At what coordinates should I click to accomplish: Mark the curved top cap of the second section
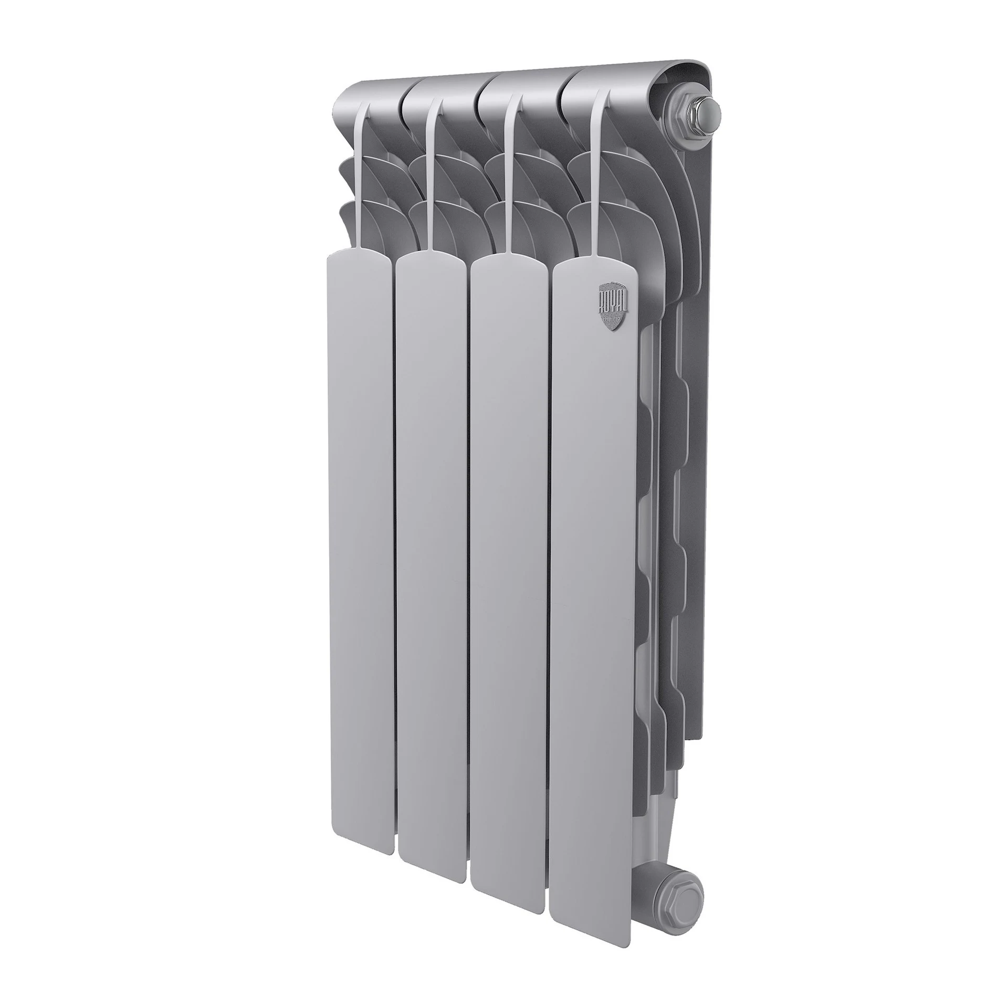point(441,89)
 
